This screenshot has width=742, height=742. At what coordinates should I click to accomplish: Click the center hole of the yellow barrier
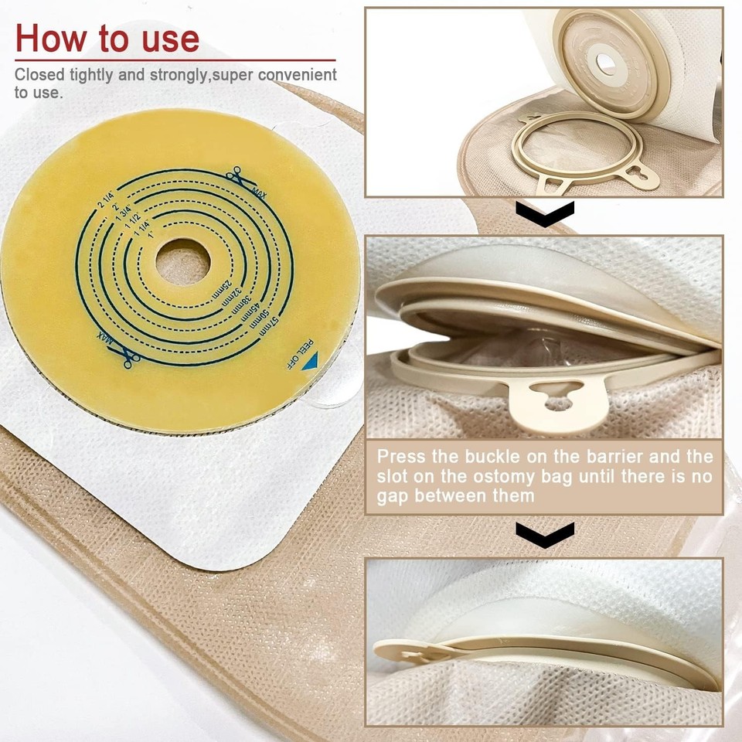pyautogui.click(x=182, y=261)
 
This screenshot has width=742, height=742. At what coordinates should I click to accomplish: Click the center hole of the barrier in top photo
pyautogui.click(x=604, y=62)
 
